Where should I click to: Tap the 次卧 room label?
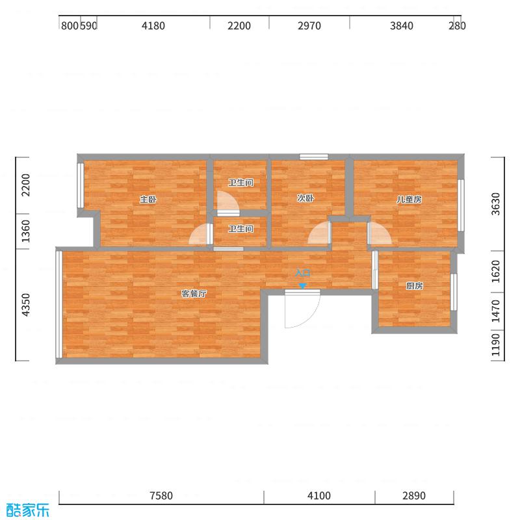click(305, 198)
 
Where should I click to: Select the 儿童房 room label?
click(409, 200)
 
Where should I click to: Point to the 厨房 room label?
click(415, 286)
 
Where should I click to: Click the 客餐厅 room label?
click(194, 294)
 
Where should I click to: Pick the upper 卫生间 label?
click(240, 183)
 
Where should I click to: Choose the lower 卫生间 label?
click(240, 229)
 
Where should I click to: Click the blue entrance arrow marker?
click(302, 285)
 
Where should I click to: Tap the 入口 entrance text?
click(303, 274)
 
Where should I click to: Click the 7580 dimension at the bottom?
click(161, 496)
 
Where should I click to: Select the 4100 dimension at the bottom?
click(319, 496)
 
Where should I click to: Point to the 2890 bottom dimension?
click(413, 496)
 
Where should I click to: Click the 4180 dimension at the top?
click(153, 26)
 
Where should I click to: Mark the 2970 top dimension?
click(309, 26)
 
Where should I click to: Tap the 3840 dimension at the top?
click(402, 26)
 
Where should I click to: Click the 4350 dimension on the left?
click(26, 305)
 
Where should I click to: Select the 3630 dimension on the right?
click(496, 204)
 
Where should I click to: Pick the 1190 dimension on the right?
click(496, 344)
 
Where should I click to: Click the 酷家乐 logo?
click(27, 510)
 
